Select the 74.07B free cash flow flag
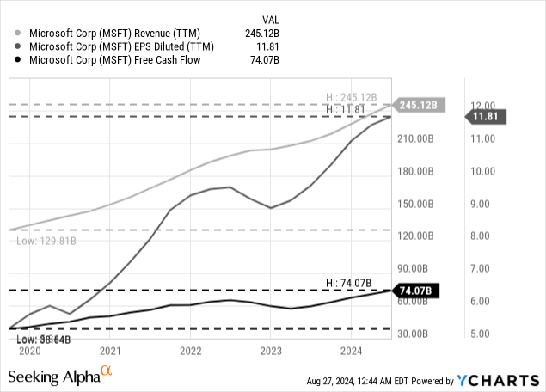[416, 291]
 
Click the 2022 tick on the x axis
[190, 351]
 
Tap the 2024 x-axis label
[351, 351]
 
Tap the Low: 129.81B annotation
[46, 242]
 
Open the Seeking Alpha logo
[60, 376]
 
